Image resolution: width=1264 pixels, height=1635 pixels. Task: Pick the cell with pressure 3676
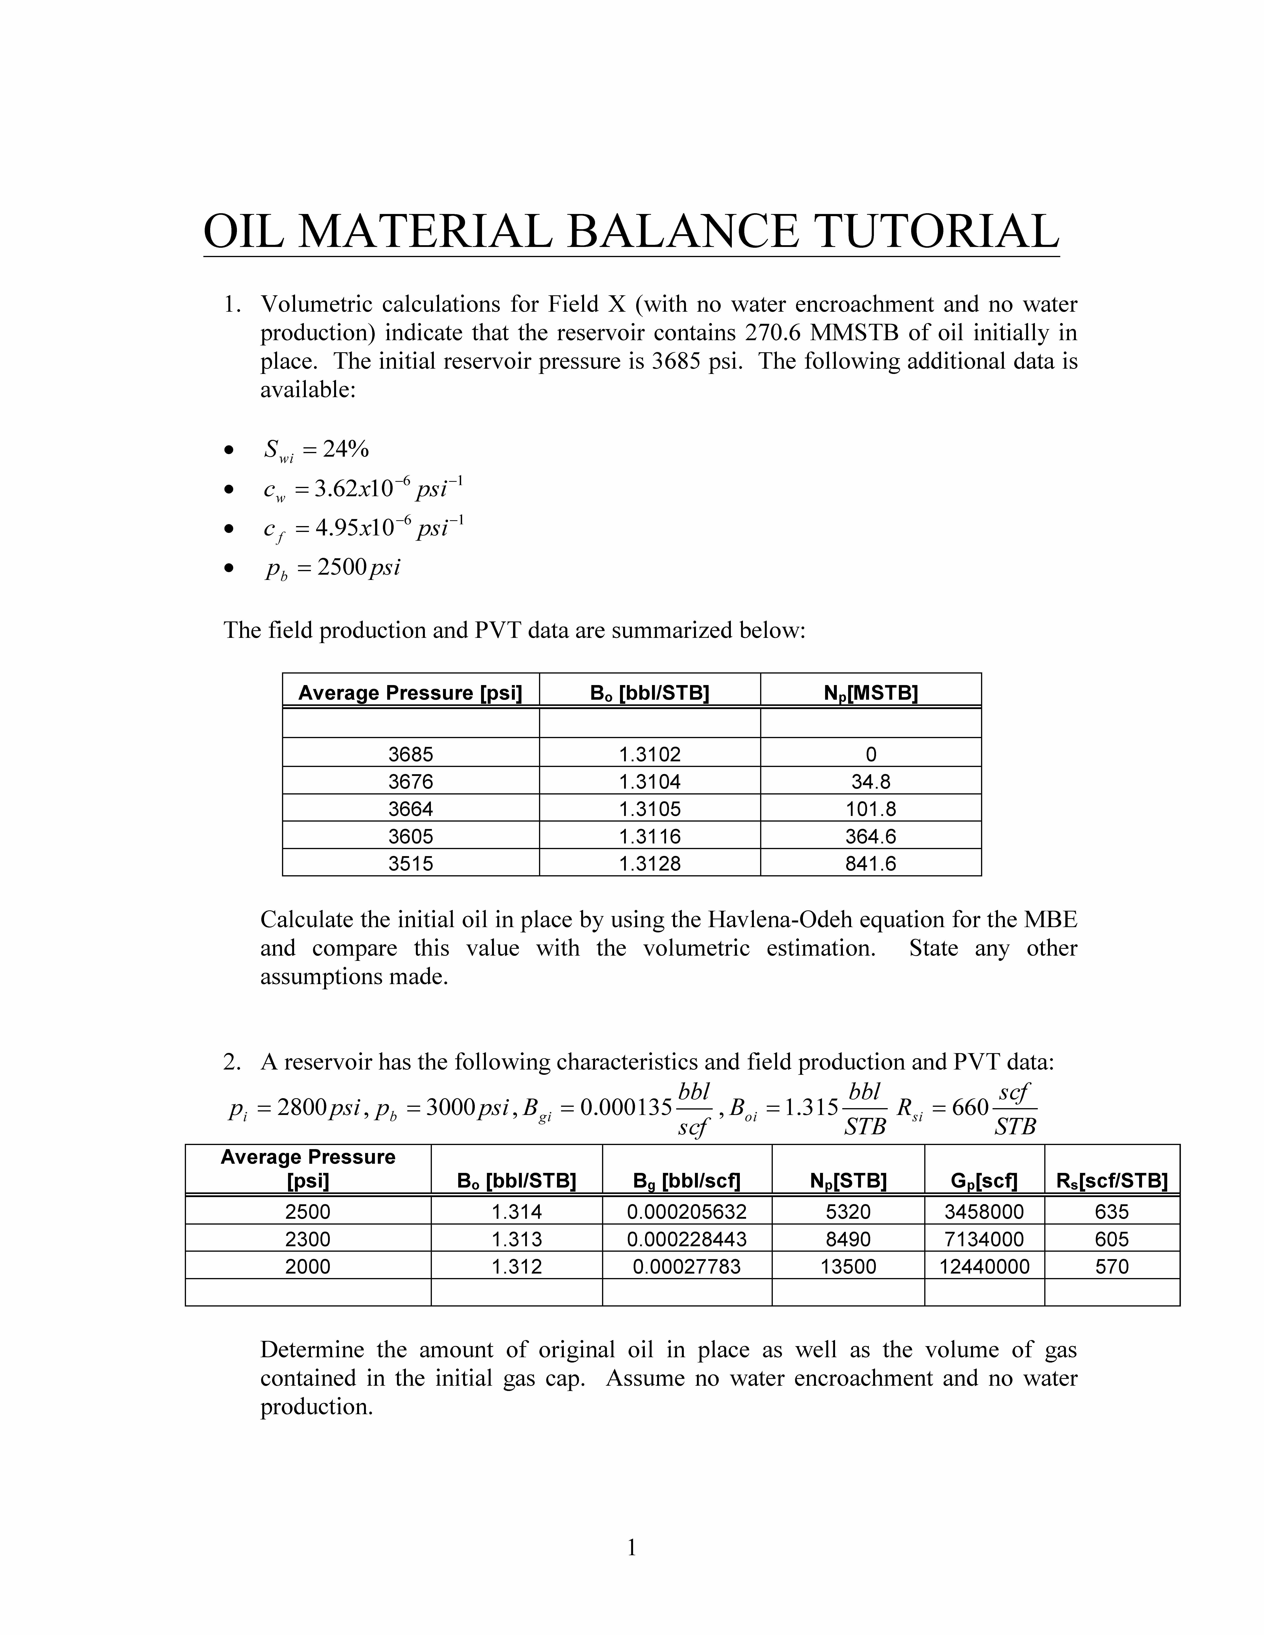(x=410, y=782)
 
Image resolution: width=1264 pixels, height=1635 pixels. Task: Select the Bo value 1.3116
(x=649, y=836)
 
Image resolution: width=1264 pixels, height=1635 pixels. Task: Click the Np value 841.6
(x=870, y=863)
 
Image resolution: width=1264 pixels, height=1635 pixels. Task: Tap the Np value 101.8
(x=870, y=809)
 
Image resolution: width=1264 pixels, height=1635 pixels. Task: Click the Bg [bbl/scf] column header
(x=687, y=1181)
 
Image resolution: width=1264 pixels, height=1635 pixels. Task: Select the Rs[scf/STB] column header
(x=1111, y=1181)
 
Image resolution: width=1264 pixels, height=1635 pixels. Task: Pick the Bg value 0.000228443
(x=687, y=1239)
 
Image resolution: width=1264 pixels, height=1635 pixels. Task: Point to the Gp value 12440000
(x=984, y=1267)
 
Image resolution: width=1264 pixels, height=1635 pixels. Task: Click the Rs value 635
(x=1111, y=1212)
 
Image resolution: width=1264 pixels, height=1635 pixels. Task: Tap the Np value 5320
(x=848, y=1212)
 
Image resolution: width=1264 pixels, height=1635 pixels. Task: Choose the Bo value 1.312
(x=517, y=1267)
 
